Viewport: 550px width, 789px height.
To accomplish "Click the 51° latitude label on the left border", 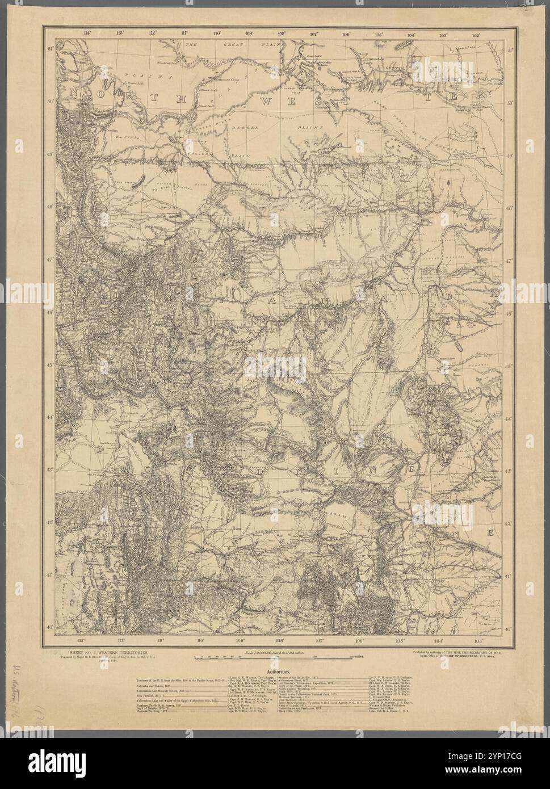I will pyautogui.click(x=50, y=49).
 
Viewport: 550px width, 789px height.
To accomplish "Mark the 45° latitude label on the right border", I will pyautogui.click(x=510, y=367).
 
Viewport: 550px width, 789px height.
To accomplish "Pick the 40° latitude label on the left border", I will pyautogui.click(x=50, y=627).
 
